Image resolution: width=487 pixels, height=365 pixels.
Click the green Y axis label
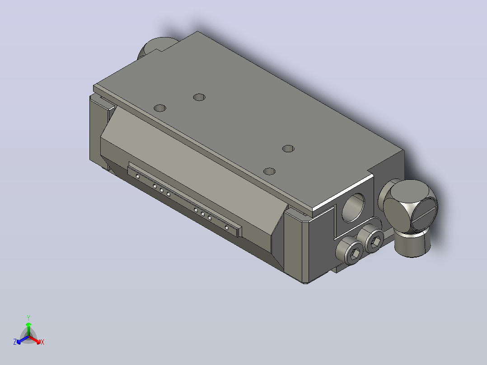tap(28, 318)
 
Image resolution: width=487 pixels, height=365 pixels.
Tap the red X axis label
tap(42, 342)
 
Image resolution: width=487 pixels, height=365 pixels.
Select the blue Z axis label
tap(15, 342)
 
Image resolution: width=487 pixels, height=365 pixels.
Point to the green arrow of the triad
tap(28, 329)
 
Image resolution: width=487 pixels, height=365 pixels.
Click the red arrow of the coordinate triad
tap(35, 340)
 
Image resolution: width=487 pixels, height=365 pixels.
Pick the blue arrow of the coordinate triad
tap(23, 340)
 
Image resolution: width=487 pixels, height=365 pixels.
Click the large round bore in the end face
tap(353, 207)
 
